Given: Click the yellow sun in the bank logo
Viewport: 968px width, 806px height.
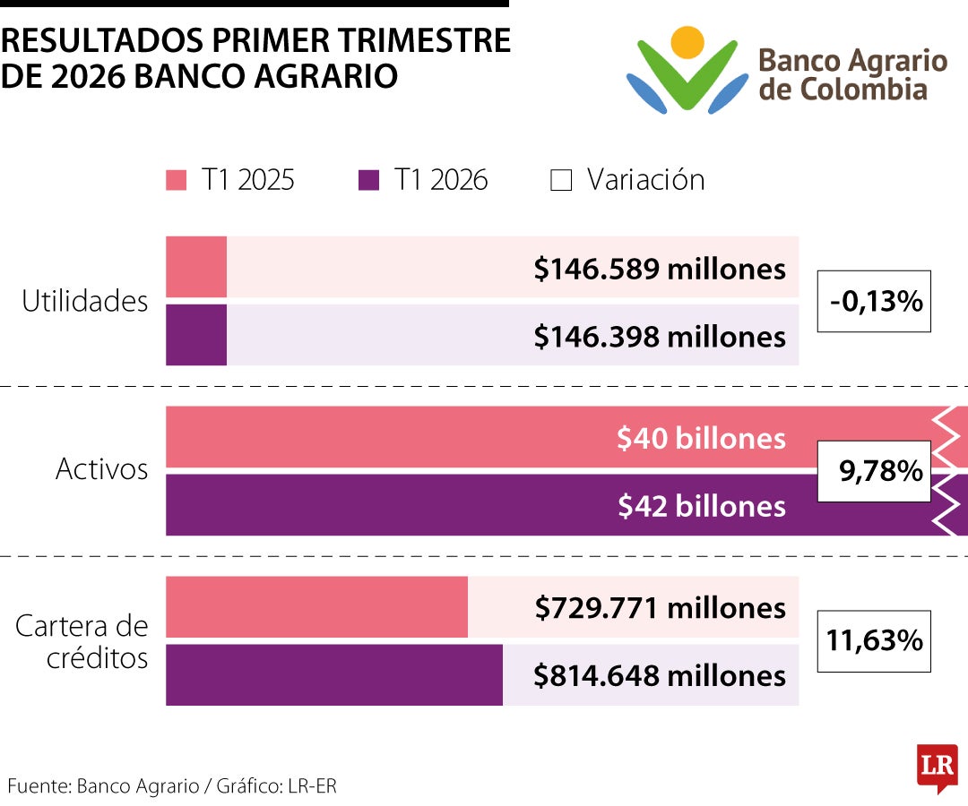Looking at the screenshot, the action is pos(687,43).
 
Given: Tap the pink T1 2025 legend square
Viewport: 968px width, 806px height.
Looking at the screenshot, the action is pos(176,180).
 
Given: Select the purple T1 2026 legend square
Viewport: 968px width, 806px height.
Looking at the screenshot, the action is pos(368,180).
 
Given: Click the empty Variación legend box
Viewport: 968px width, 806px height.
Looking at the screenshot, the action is pos(560,180).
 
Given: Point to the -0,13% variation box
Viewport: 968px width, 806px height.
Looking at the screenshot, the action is pos(874,301).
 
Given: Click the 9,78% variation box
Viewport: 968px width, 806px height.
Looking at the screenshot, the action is pos(874,471).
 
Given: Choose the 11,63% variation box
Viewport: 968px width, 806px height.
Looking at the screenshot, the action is pos(874,640).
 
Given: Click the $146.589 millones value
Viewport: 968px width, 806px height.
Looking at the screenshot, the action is pos(660,269).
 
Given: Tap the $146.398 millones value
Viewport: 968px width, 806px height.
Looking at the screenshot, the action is pos(660,337).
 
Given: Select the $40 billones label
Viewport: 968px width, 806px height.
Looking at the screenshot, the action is pos(701,438).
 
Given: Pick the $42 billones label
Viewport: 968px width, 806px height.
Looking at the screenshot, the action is pos(702,506).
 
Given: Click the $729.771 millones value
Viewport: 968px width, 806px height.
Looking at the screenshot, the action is pos(660,608).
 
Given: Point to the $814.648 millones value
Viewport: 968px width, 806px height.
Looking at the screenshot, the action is pos(660,676).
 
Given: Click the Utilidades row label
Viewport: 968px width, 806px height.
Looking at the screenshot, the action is pos(84,301).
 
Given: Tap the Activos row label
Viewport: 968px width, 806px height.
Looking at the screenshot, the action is pos(102,469).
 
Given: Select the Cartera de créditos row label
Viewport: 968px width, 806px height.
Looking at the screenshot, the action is pos(82,641).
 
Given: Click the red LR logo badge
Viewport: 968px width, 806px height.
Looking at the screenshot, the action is pos(938,767).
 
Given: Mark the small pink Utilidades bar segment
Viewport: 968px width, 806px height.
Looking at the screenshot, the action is pos(196,266).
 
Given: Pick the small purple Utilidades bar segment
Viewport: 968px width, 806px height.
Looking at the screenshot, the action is pos(196,335).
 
